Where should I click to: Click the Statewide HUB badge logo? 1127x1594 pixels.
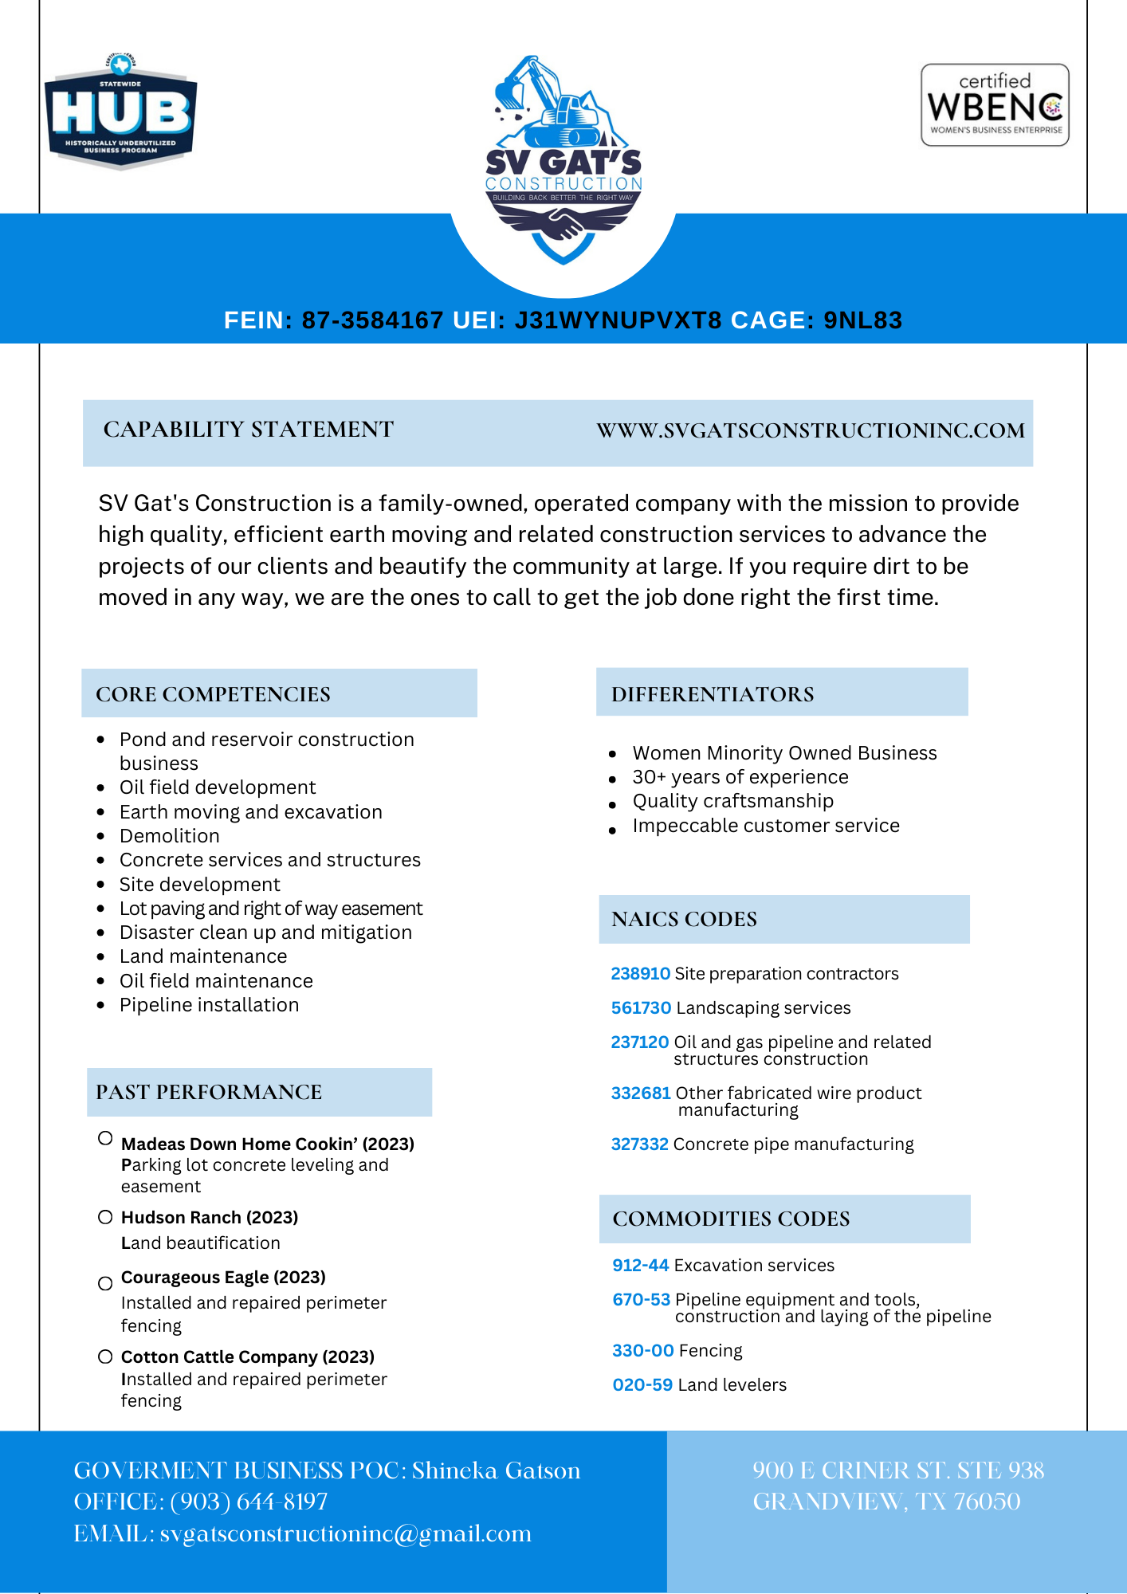120,112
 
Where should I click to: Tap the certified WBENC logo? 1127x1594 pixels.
995,105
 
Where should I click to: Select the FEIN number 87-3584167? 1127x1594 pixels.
372,320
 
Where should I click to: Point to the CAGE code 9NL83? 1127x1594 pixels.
862,320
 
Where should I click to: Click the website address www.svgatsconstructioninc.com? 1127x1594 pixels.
811,431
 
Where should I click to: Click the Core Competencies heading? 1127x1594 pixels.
213,694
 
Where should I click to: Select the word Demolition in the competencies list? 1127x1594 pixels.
170,836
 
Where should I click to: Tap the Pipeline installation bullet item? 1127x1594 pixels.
209,1005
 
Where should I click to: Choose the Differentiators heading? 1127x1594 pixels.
713,694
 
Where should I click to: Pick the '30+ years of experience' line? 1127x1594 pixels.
740,777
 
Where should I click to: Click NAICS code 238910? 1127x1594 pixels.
640,974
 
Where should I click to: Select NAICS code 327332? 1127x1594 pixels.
639,1144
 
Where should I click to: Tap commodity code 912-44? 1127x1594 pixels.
640,1266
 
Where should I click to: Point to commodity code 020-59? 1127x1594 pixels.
642,1385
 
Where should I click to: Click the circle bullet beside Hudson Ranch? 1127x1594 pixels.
105,1217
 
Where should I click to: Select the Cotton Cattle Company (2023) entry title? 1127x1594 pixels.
248,1357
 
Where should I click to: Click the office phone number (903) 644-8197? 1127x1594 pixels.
249,1502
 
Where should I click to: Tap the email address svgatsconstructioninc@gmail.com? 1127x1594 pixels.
345,1534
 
